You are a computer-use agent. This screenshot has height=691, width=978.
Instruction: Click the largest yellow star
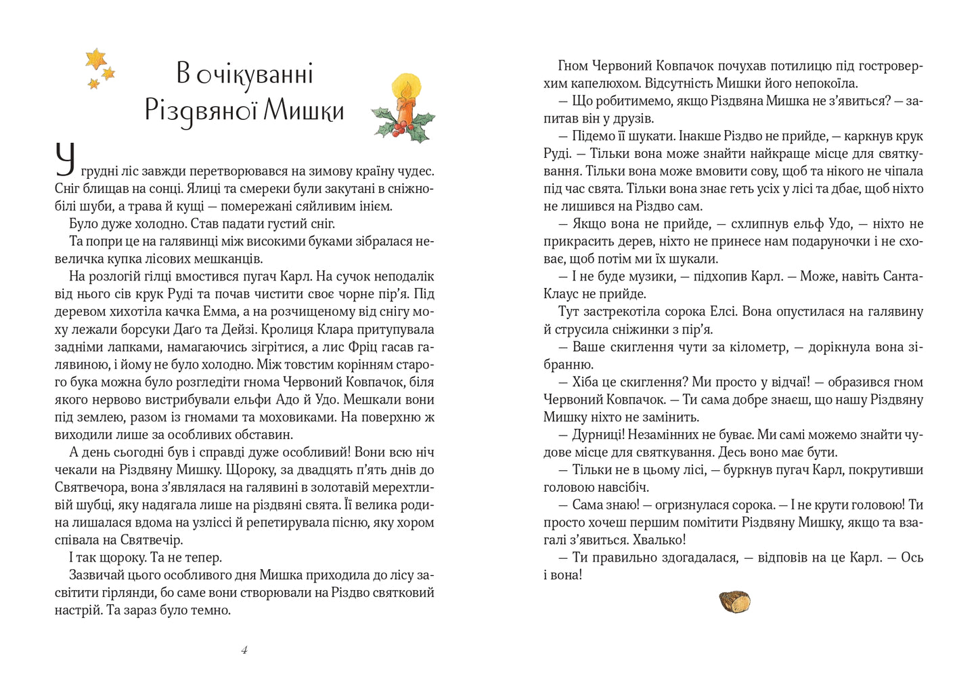coord(96,58)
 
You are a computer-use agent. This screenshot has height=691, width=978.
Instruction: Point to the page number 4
coord(244,650)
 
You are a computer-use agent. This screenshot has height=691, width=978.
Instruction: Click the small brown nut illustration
coord(734,602)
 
